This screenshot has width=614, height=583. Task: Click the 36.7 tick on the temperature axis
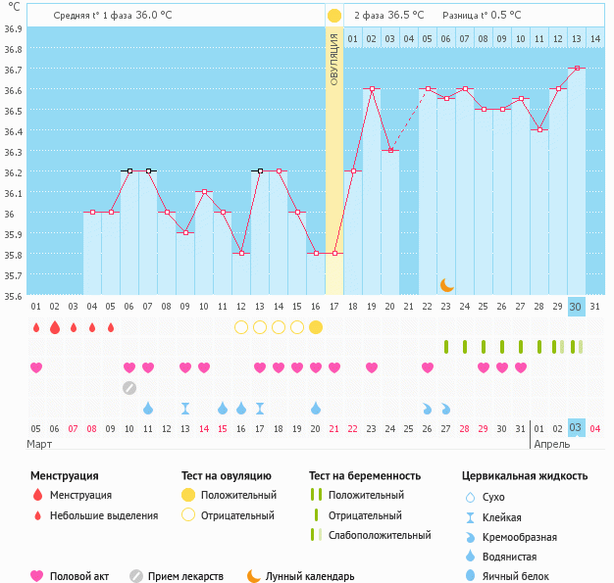[12, 70]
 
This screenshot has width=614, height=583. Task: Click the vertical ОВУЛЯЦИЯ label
[334, 60]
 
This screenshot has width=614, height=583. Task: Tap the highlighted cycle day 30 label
[577, 307]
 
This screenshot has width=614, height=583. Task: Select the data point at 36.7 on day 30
[577, 68]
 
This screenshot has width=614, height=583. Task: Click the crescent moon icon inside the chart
[447, 284]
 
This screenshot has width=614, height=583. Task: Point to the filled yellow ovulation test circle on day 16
[316, 327]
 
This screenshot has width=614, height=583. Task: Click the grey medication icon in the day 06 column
[129, 387]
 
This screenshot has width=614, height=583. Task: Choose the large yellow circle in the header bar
[334, 16]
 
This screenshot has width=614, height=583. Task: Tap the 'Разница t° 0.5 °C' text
[482, 16]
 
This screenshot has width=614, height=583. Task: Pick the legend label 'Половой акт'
[80, 576]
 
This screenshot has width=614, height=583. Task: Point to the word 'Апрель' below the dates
[551, 444]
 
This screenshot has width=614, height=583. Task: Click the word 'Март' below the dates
[40, 444]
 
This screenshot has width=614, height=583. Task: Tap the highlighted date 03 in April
[577, 427]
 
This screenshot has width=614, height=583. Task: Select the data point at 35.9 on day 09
[185, 232]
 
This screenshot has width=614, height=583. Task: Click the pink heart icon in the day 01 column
[36, 367]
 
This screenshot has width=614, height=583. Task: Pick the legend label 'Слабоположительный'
[380, 535]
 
